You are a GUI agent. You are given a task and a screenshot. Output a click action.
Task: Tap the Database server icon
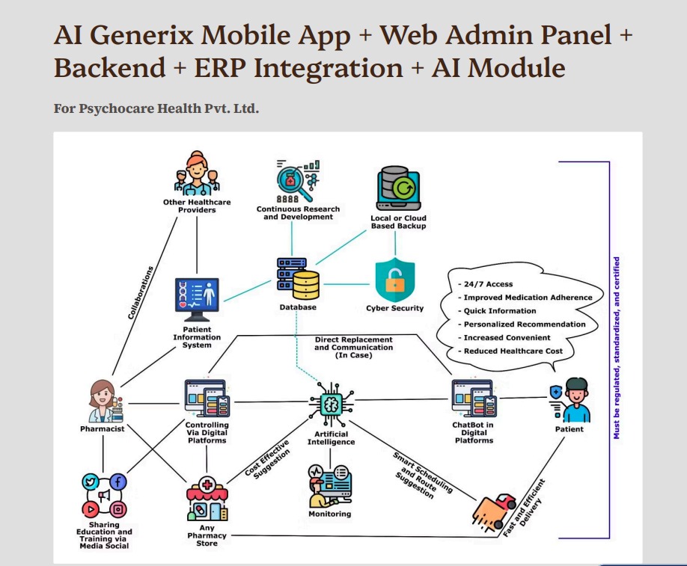click(x=298, y=279)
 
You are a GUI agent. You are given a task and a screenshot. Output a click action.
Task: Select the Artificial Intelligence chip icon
click(x=330, y=404)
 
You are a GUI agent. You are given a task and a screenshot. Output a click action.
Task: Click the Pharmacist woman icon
click(x=102, y=402)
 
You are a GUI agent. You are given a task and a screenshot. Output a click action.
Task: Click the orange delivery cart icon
click(x=495, y=511)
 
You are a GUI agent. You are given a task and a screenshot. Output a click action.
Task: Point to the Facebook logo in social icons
click(x=118, y=482)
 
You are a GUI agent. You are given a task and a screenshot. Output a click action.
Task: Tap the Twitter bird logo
click(x=91, y=482)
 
